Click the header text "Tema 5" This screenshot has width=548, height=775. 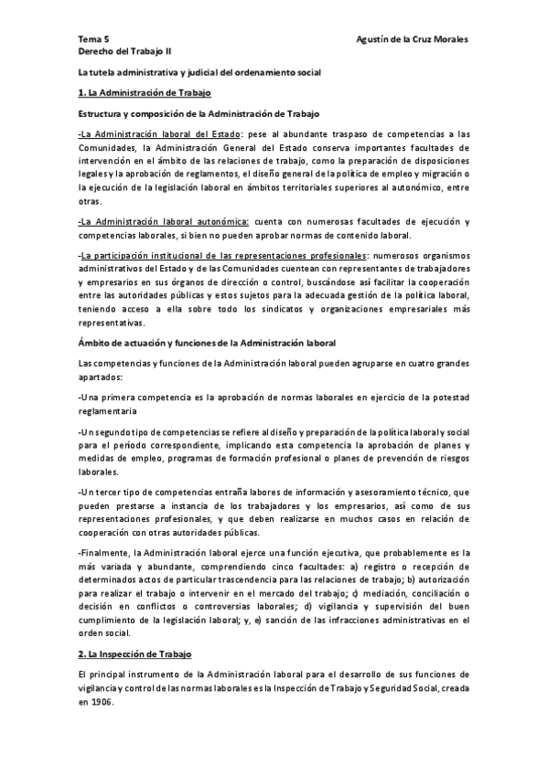coord(92,40)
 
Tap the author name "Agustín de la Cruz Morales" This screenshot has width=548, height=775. coord(414,40)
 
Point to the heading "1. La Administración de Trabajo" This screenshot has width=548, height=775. coord(145,92)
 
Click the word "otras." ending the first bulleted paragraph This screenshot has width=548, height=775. coord(89,200)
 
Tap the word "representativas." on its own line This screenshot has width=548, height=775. coord(112,322)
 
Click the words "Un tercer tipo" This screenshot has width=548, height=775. coord(109,492)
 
